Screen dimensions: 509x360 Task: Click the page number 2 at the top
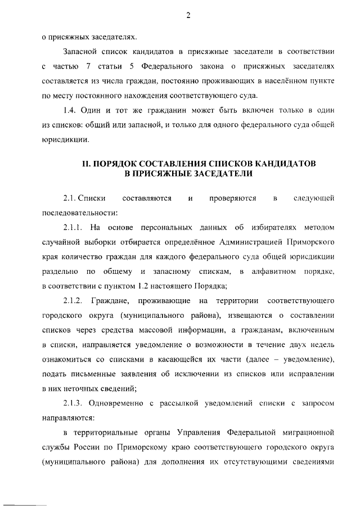coord(188,15)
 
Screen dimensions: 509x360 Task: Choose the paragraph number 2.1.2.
coord(73,301)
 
